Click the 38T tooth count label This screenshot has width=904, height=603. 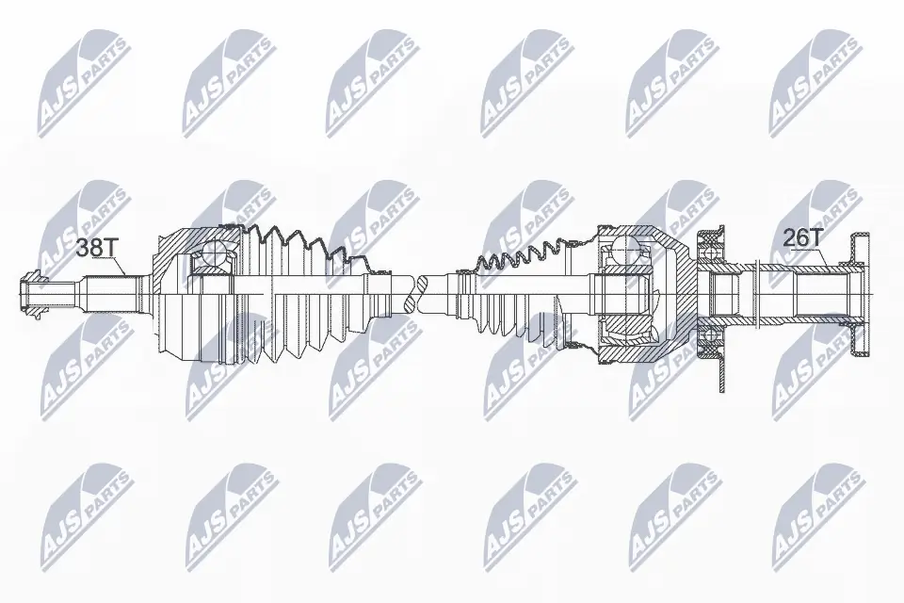[x=96, y=248]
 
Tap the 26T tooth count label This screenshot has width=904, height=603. [x=802, y=237]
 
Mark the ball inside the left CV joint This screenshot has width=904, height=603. [x=215, y=253]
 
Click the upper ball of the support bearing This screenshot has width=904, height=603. [x=709, y=249]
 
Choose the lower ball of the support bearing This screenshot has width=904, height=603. [x=709, y=331]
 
